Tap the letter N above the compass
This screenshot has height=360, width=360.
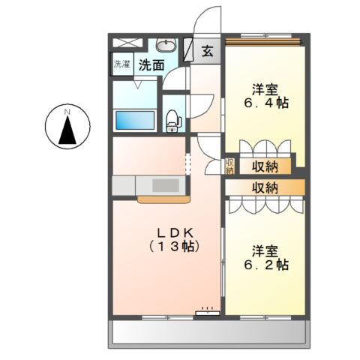(67, 112)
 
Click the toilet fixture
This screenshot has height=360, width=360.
(172, 118)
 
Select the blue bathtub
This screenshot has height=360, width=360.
(135, 120)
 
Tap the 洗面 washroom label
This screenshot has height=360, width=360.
(151, 65)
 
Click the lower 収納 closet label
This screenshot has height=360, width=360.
(266, 187)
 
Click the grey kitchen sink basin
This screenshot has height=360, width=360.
(163, 185)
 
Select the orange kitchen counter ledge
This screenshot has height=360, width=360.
(161, 199)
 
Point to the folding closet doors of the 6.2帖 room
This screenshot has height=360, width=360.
(264, 205)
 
